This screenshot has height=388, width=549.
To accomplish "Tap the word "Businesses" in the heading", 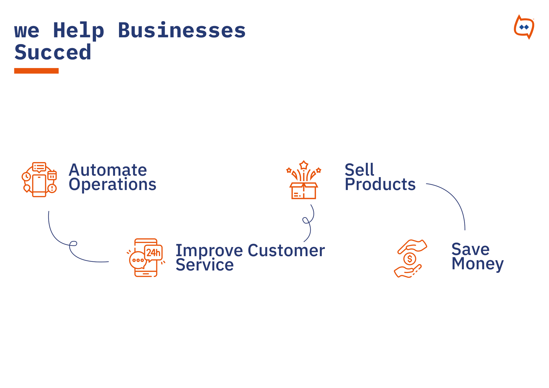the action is (x=182, y=30).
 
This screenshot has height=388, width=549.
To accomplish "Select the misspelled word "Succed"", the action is (x=53, y=52).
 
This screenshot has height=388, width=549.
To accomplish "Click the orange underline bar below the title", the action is (x=36, y=71).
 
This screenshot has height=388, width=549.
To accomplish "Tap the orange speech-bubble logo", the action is (x=524, y=27).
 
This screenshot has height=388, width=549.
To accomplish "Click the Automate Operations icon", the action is (x=39, y=180).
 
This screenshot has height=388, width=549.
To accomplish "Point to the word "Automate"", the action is (x=108, y=170).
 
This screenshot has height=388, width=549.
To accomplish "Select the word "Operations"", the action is (x=113, y=185).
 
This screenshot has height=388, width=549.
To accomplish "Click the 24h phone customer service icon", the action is (x=146, y=258).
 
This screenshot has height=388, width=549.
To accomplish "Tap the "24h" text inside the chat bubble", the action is (x=153, y=252).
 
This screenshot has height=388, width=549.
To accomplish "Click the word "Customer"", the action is (x=286, y=251).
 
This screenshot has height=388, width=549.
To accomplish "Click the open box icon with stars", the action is (x=303, y=180).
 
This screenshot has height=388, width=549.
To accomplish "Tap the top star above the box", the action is (x=304, y=165).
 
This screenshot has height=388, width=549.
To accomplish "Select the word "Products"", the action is (x=380, y=184).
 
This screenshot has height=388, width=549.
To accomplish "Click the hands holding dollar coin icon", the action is (x=410, y=259).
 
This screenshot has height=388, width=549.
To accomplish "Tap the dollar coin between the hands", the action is (x=410, y=259).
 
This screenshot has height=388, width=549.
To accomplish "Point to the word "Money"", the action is (x=477, y=264).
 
